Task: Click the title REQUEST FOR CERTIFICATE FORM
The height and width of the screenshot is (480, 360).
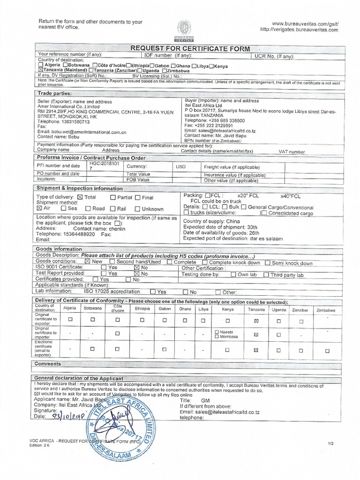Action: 191,49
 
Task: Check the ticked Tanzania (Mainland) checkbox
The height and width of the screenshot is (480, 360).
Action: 40,70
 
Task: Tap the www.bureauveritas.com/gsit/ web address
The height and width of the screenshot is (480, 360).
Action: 305,23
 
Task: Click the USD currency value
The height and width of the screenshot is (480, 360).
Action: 180,166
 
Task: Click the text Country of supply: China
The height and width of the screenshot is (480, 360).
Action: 205,221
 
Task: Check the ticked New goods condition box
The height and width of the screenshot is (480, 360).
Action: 87,262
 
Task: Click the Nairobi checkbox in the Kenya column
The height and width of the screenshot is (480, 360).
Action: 216,332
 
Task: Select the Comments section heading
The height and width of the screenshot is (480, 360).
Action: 48,364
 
